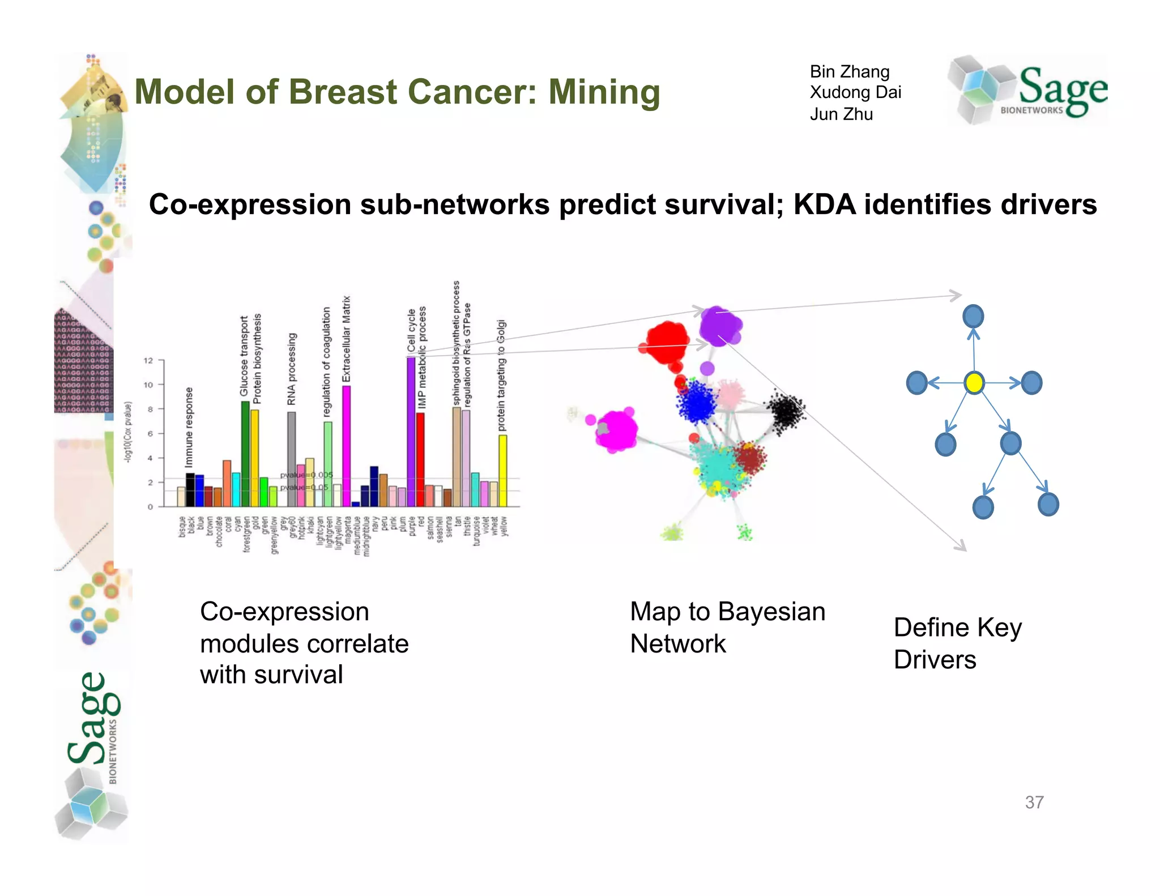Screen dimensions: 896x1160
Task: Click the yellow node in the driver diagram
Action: tap(974, 383)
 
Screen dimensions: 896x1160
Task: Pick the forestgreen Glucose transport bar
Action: tap(245, 453)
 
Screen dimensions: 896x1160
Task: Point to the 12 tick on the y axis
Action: tap(148, 360)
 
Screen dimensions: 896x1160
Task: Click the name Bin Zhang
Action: tap(849, 71)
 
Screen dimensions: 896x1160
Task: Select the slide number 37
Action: tap(1034, 802)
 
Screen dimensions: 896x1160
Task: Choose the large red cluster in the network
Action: tap(667, 342)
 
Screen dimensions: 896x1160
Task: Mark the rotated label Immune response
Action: tap(189, 427)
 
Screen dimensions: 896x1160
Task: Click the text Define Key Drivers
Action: tap(957, 643)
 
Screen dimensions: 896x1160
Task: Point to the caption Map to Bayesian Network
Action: tap(727, 628)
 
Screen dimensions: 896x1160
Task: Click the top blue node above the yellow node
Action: tap(973, 316)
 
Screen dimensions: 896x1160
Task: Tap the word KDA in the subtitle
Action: tap(824, 204)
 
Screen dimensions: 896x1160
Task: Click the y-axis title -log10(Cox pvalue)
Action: tap(129, 432)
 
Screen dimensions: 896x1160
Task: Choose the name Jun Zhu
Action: tap(841, 114)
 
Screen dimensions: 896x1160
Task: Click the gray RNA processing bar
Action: tap(291, 459)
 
